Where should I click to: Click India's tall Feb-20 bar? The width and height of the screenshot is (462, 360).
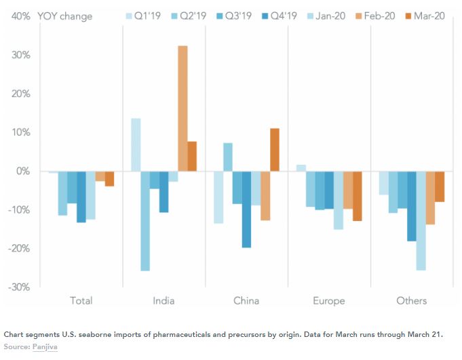(182, 108)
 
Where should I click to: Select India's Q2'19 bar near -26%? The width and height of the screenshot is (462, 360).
(145, 221)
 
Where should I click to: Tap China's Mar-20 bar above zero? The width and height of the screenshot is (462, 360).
(274, 150)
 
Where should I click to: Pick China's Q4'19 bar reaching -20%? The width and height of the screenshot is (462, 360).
(246, 209)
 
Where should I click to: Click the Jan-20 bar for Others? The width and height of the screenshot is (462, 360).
(421, 221)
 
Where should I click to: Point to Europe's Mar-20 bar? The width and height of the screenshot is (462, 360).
(357, 196)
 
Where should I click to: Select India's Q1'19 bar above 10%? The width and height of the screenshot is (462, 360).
(136, 145)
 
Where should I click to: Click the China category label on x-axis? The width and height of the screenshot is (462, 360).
(247, 300)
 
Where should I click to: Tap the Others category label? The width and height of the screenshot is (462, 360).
(412, 300)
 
